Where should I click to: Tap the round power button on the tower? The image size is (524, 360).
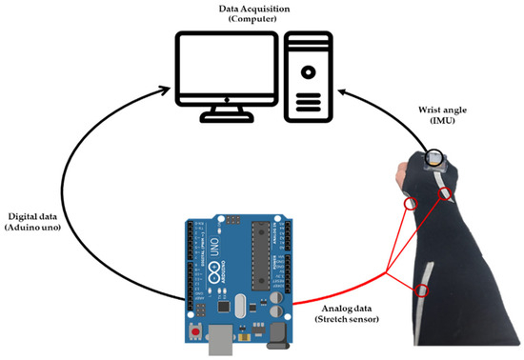[308, 70]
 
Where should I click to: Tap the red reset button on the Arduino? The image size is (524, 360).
[196, 330]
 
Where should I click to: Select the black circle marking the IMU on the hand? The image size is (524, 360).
[433, 155]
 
